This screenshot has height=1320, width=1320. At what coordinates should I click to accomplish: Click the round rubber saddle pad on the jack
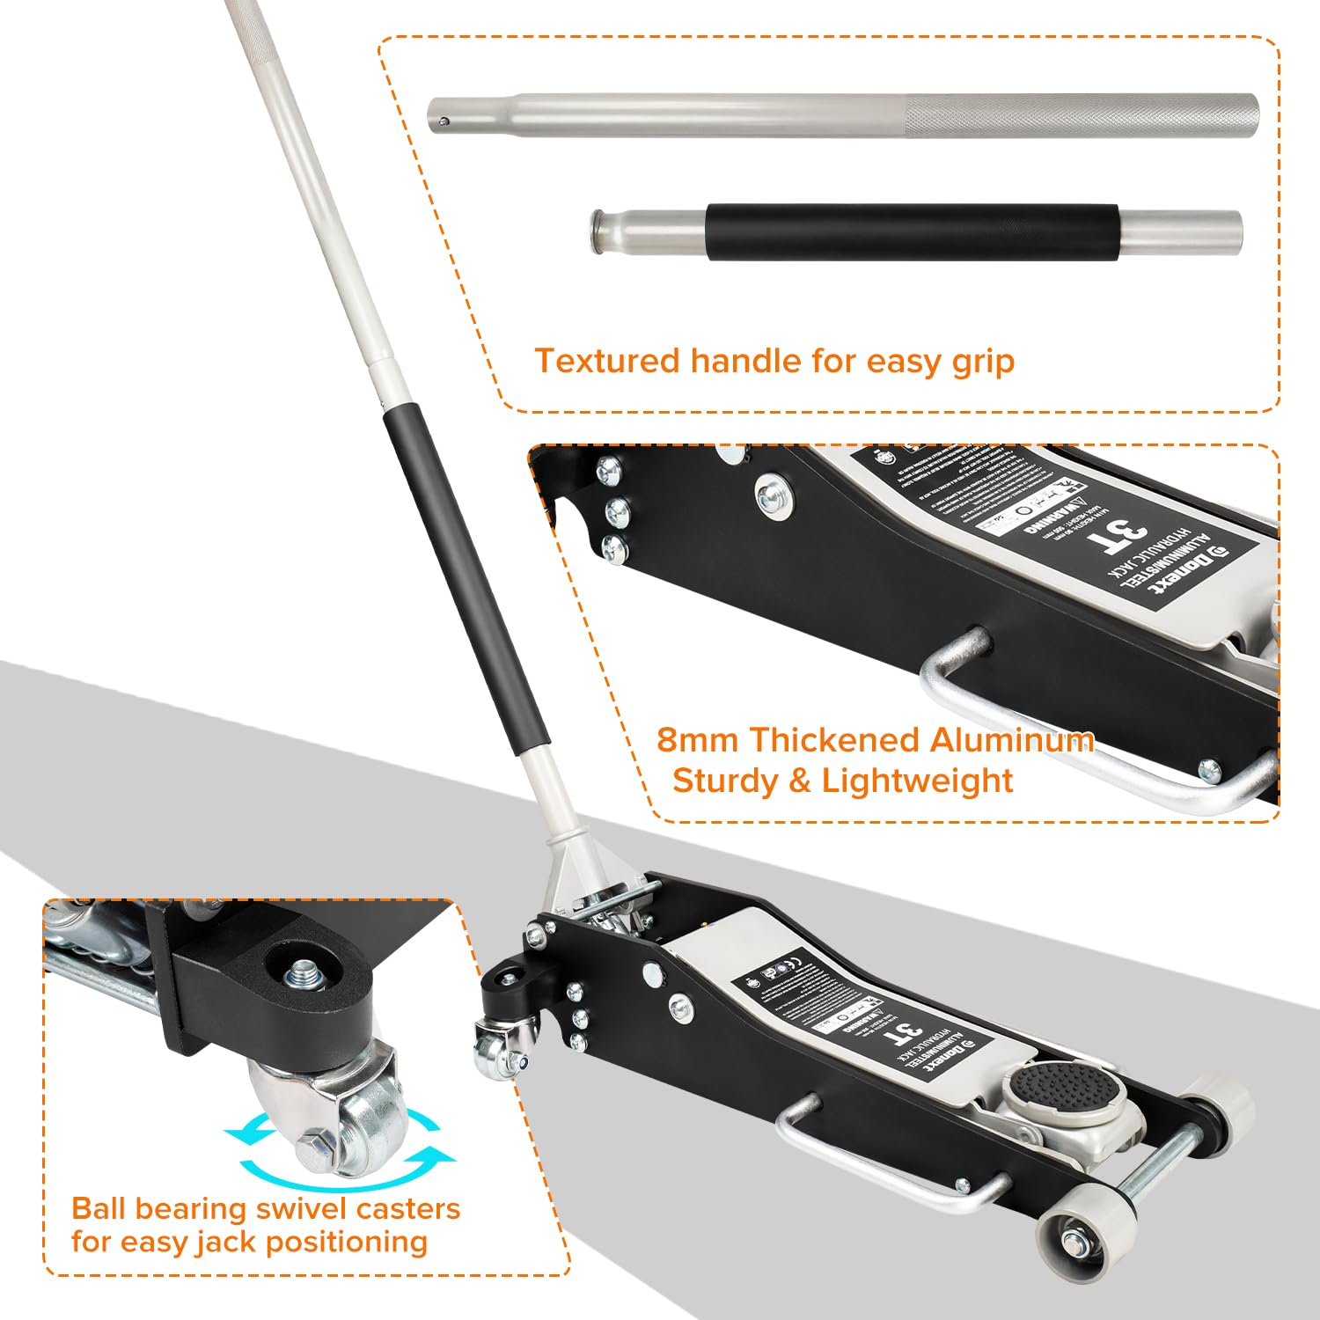1066,1090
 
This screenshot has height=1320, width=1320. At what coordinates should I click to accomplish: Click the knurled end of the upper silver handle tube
1082,114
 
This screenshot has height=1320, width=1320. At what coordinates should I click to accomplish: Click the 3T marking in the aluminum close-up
1116,534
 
